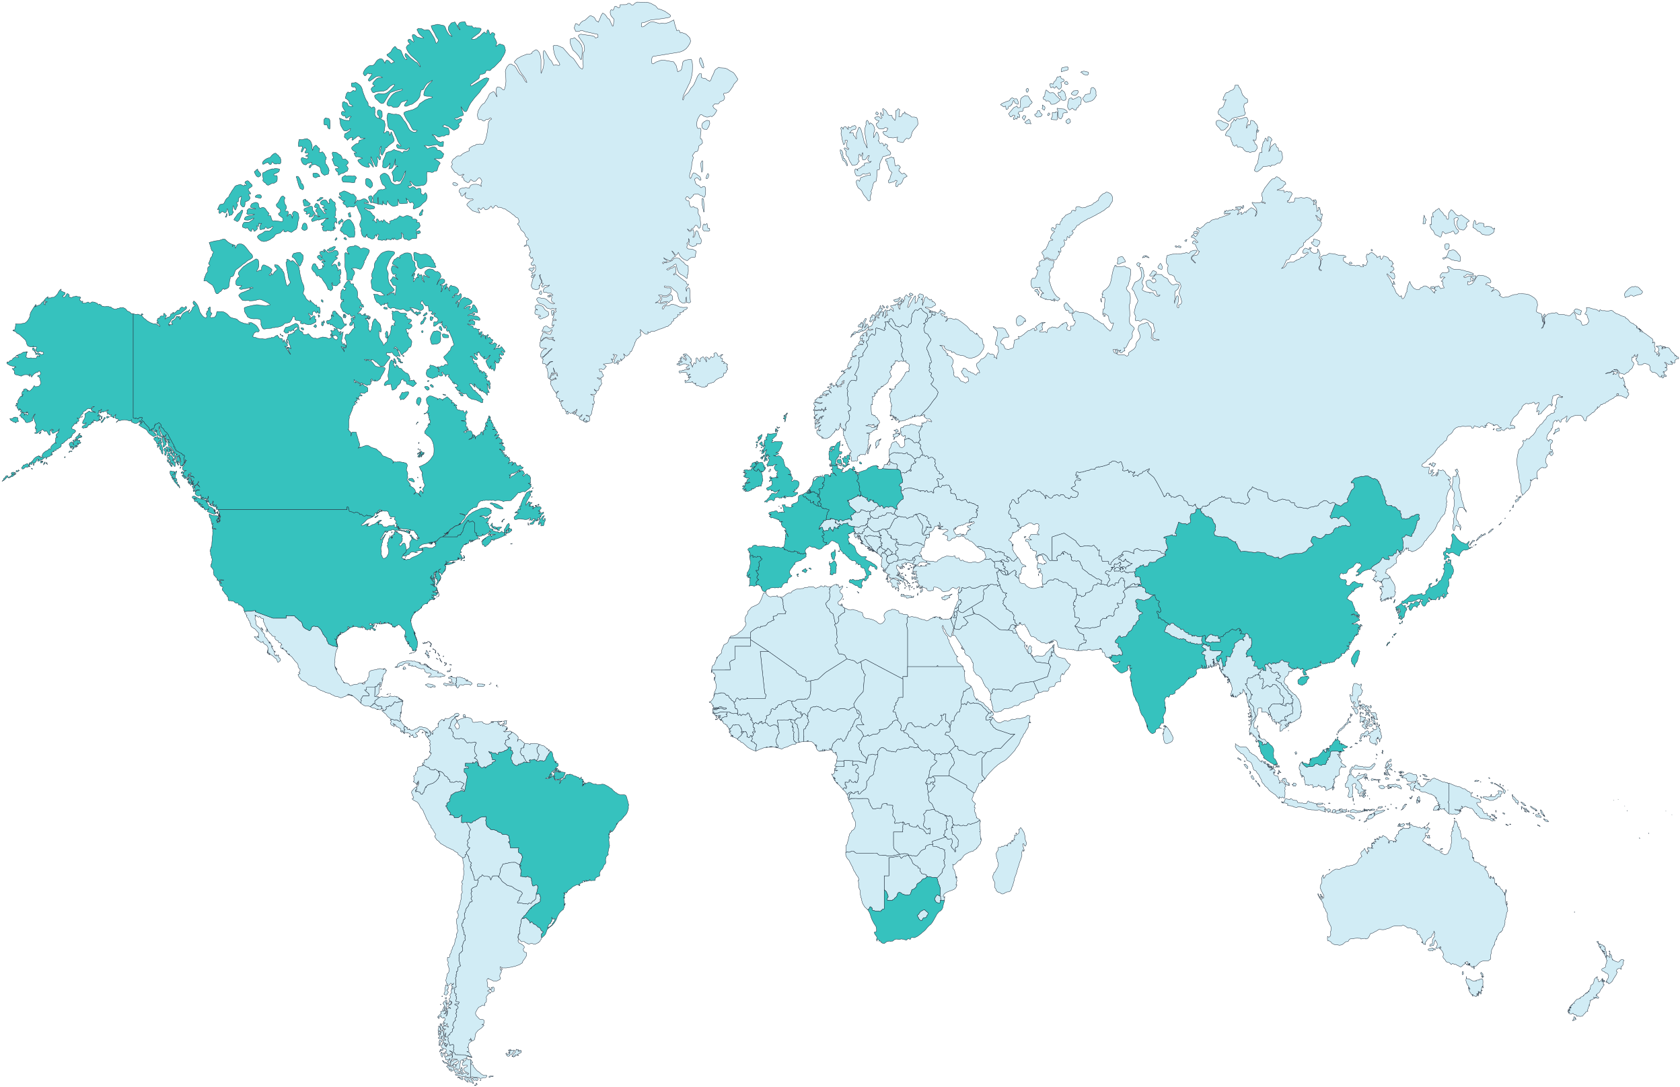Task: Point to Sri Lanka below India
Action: tap(1168, 735)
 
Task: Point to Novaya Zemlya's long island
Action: tap(1073, 233)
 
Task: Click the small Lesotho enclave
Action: tap(922, 915)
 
